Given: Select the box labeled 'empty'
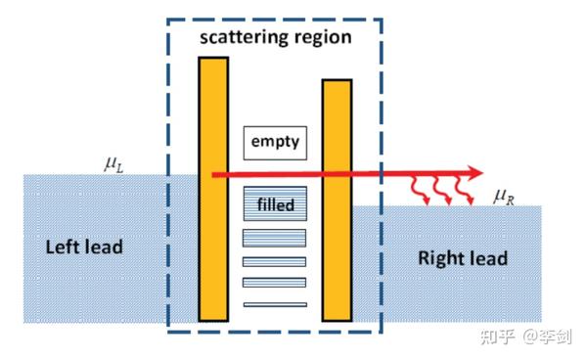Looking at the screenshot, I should coord(275,142).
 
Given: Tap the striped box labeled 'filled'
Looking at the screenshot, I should coord(275,204).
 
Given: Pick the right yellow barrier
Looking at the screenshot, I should coord(337,200).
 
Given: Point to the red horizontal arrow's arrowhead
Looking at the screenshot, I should coord(474,173).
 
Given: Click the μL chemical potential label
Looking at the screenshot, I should coord(113,163).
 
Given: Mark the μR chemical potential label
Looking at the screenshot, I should coord(504,198).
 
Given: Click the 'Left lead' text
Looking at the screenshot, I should coord(85,247).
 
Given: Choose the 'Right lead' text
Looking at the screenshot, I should coord(463,258).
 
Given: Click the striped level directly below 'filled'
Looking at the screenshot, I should coord(275,237).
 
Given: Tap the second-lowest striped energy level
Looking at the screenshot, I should coord(275,283).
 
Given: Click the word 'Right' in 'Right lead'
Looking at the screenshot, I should coord(441,258).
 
